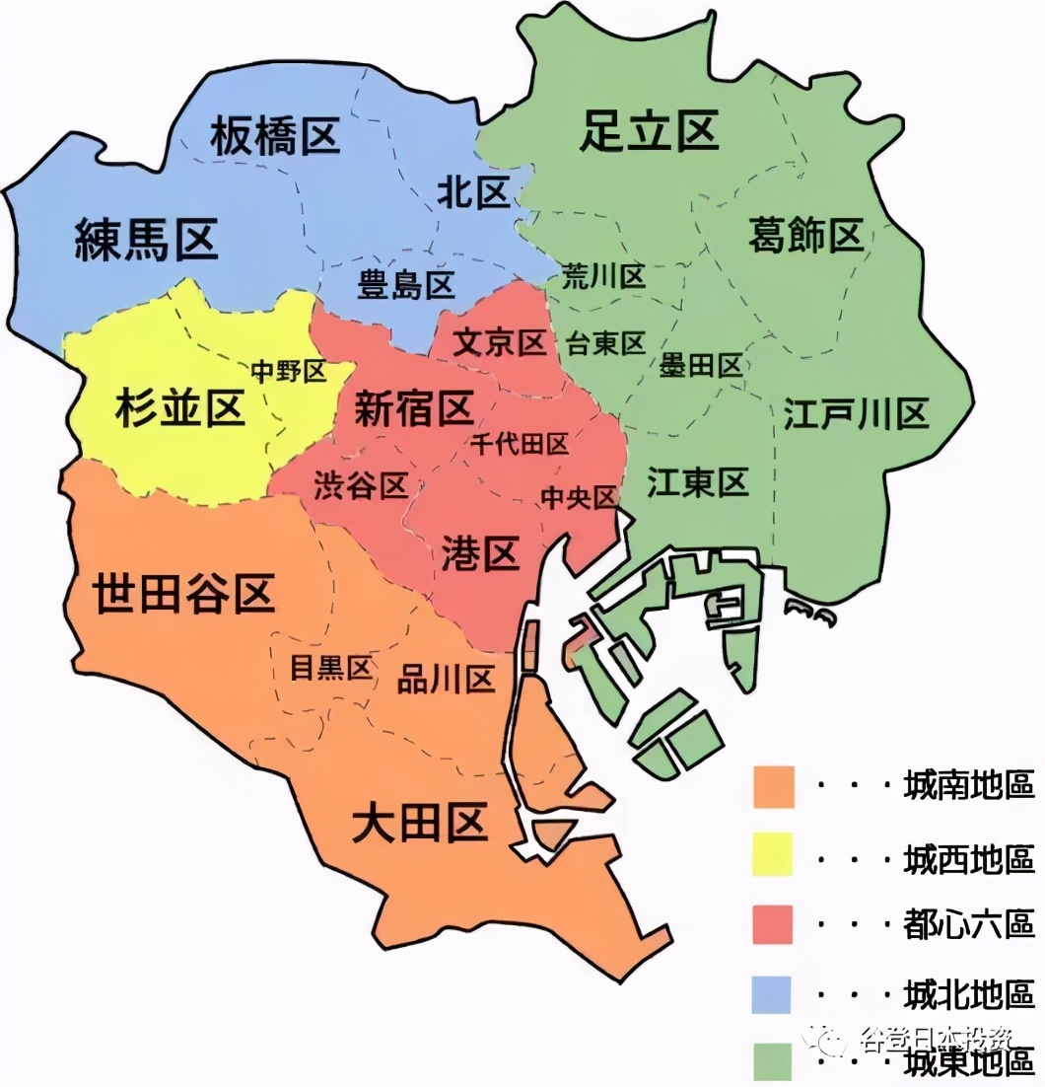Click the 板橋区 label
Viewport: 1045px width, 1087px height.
(x=275, y=136)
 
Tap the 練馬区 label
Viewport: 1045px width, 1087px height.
(x=146, y=240)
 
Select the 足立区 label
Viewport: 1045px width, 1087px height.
(x=649, y=130)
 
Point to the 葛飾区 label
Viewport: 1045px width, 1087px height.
(x=805, y=236)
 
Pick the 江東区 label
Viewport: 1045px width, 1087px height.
(x=698, y=482)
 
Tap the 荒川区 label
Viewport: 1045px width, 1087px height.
(x=603, y=277)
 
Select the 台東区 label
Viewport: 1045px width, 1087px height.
(x=605, y=343)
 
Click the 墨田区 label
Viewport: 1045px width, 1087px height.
(x=701, y=367)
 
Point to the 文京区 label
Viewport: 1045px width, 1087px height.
(x=500, y=343)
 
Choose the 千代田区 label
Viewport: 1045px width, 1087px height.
(x=520, y=444)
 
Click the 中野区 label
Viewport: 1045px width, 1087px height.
(x=288, y=371)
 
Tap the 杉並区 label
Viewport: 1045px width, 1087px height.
(x=179, y=407)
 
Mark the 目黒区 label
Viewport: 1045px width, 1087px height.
(x=330, y=668)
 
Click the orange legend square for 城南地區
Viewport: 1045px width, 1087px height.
(x=773, y=786)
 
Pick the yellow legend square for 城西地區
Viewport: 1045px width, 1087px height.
(x=773, y=855)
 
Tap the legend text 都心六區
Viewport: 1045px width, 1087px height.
(x=968, y=924)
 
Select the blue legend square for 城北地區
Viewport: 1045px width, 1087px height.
(x=773, y=992)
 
